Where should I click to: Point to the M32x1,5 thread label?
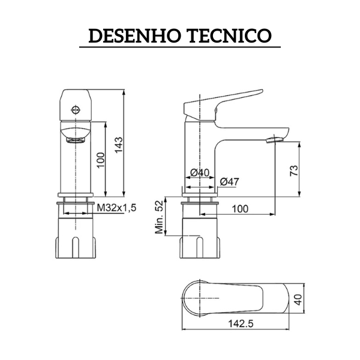117,208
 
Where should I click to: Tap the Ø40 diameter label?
200,173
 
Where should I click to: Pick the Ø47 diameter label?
230,182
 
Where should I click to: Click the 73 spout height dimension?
293,170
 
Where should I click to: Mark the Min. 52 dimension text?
160,217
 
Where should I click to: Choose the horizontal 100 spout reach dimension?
240,208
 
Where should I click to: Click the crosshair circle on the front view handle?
75,110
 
